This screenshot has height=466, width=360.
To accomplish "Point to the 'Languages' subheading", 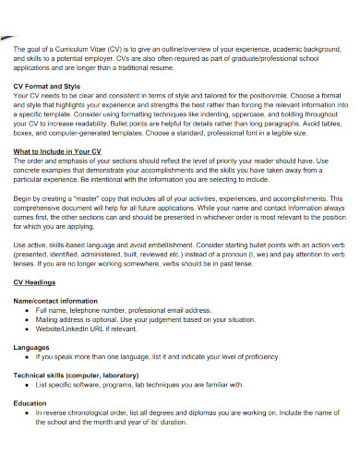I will pos(32,346).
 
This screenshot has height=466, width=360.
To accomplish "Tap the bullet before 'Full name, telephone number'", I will pos(28,310).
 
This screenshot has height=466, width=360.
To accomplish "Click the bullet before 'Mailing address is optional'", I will pos(28,319).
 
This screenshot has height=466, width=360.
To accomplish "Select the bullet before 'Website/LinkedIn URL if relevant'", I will pos(28,329).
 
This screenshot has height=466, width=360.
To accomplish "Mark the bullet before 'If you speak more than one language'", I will pos(28,355).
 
